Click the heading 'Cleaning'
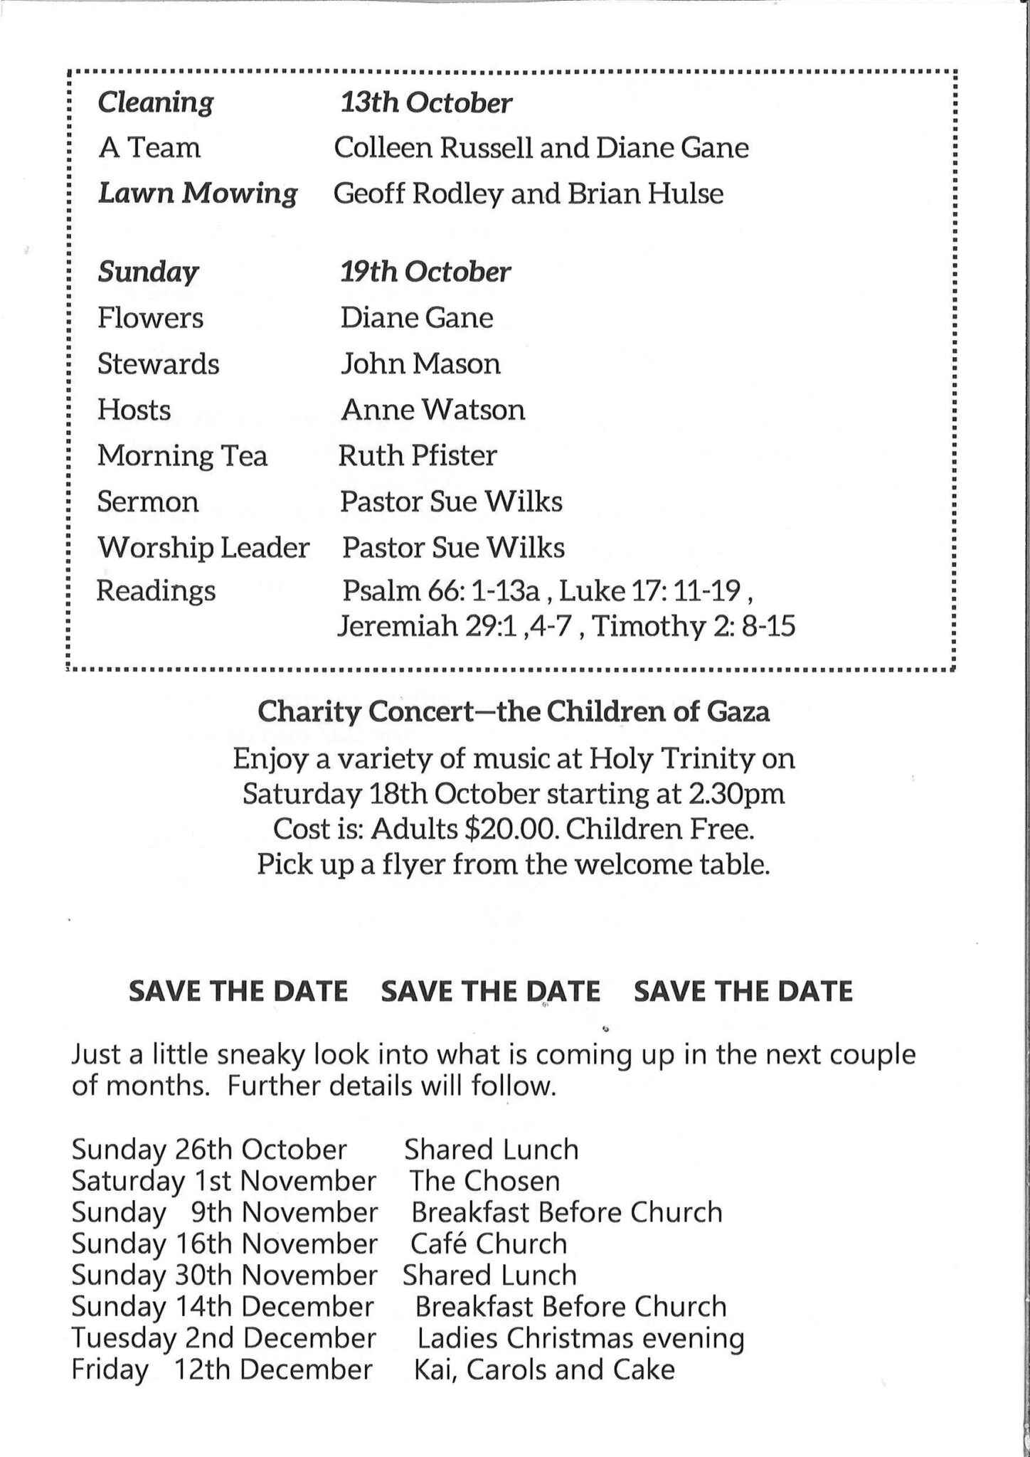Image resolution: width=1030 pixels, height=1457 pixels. coord(155,103)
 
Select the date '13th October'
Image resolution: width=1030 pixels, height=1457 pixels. coord(425,103)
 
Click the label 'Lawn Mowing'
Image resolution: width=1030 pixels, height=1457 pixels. coord(197,194)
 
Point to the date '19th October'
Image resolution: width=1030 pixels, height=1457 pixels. coord(425,272)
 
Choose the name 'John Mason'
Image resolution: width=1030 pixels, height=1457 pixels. coord(420,364)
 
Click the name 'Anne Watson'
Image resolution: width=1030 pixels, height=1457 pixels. coord(432,410)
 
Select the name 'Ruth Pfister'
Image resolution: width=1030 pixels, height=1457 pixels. coord(418,456)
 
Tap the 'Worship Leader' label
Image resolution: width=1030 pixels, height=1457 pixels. coord(203,548)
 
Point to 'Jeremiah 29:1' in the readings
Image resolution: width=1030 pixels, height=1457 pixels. coord(426,627)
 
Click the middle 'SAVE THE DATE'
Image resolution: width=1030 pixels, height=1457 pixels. coord(490,991)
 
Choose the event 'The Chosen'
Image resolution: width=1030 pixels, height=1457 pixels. coord(484,1181)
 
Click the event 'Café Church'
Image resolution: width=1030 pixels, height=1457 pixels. coord(489,1244)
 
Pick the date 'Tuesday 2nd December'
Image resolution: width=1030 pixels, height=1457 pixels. coord(223,1338)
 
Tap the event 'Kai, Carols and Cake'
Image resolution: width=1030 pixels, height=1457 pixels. coord(544,1369)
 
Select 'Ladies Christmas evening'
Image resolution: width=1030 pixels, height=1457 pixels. coord(580,1338)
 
